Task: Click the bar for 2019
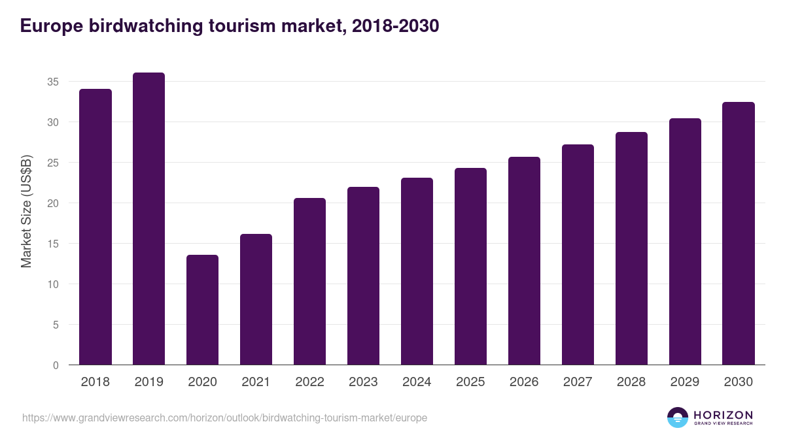148,219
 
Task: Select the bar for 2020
202,310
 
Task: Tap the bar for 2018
96,227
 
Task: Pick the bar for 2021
256,299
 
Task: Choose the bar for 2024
417,271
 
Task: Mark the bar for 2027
578,255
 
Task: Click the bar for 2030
739,233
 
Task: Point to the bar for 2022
309,282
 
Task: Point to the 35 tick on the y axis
53,82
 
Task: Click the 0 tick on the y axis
56,365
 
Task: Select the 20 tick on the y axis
53,203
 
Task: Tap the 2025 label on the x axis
470,382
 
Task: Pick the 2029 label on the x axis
685,382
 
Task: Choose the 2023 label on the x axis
363,382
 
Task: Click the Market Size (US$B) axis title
27,211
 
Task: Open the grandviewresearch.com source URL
224,417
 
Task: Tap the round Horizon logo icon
677,417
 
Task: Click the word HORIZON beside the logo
723,415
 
